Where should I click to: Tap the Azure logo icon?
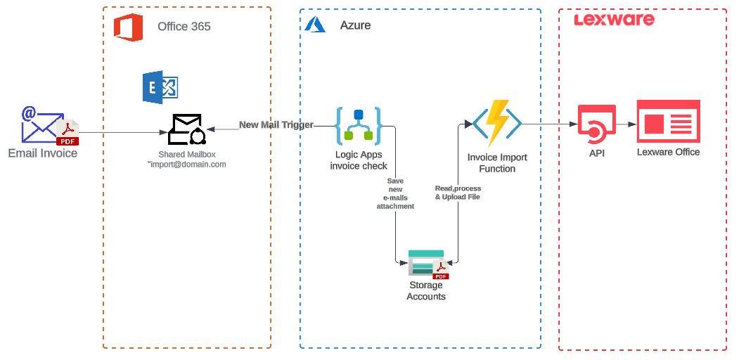314,25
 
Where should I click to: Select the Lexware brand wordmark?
614,19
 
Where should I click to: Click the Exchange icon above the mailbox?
160,87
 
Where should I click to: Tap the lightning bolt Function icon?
497,123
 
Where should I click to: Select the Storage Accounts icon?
426,264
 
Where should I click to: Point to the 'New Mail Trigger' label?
276,125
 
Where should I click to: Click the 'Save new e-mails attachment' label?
395,193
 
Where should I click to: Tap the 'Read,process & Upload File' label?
457,193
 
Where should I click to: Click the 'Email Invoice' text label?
43,153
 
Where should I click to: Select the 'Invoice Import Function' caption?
497,163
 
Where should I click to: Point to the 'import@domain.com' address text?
187,165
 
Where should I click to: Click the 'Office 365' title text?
184,27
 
